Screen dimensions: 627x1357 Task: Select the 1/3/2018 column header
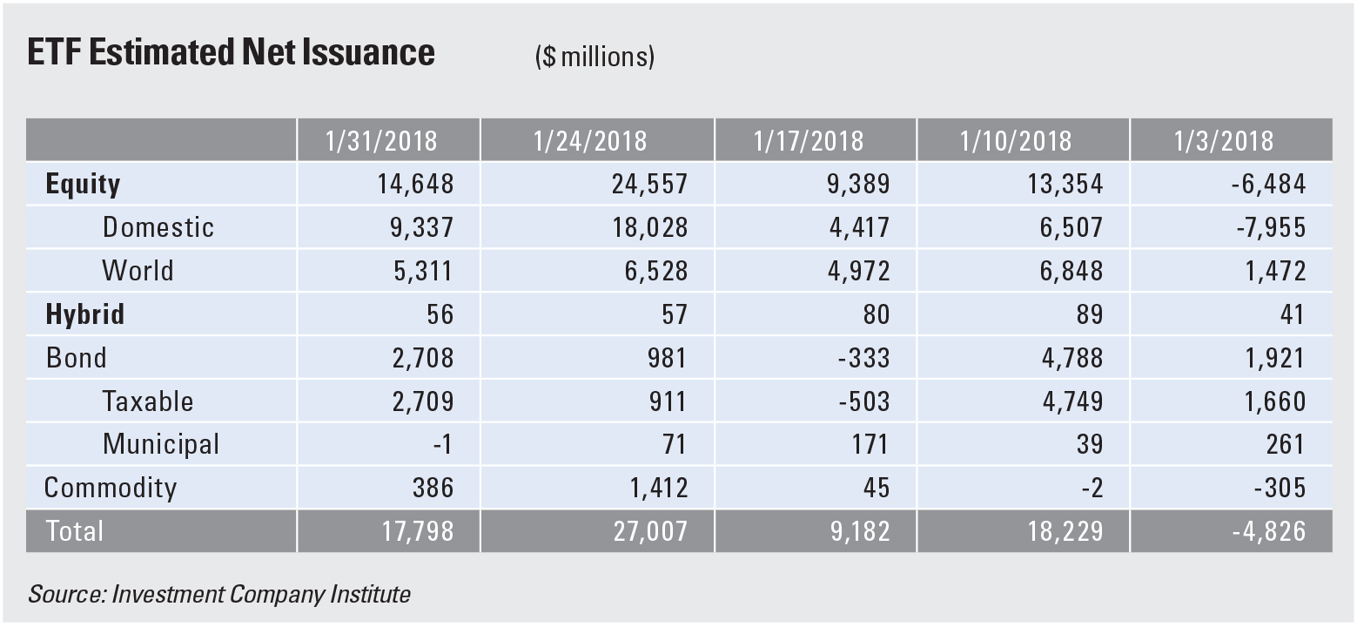point(1229,140)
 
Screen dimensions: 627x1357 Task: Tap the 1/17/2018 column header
point(815,140)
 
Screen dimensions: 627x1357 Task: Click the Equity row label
point(83,184)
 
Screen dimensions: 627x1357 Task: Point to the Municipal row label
point(161,444)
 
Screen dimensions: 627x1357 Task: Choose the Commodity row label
point(111,488)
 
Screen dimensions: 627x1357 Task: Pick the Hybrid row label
point(84,314)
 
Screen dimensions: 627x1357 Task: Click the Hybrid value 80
point(872,314)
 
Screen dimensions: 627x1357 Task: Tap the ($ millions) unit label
point(595,57)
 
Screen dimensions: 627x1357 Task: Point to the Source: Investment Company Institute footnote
point(219,595)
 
